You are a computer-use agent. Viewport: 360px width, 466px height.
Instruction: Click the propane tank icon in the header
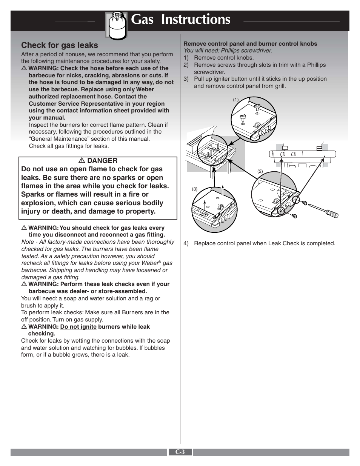pos(117,25)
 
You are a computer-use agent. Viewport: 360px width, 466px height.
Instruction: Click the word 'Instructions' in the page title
pos(195,19)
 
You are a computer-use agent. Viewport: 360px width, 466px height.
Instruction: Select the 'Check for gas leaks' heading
pos(60,45)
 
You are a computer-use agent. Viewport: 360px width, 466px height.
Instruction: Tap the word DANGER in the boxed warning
pos(102,161)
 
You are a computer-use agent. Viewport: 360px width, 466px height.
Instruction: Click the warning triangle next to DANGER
pos(82,161)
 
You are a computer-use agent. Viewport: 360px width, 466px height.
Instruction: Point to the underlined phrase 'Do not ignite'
pos(78,327)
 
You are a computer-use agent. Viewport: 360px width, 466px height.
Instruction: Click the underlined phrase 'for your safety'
pos(141,61)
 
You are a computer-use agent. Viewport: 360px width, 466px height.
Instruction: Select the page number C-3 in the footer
pos(180,452)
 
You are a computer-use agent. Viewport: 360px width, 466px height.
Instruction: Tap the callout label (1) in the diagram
pos(235,100)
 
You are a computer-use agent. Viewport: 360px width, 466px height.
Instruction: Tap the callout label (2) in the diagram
pos(260,171)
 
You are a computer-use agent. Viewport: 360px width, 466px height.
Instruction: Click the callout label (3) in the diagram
pos(195,189)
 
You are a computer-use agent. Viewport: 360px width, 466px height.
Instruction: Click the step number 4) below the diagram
pos(186,243)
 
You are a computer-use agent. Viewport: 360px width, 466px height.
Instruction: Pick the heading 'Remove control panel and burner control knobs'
pos(250,44)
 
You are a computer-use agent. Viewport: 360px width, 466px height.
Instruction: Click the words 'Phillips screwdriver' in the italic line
pos(246,51)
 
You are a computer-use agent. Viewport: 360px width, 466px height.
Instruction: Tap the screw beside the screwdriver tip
pos(305,203)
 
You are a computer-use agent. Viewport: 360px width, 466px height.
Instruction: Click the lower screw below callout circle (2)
pos(295,216)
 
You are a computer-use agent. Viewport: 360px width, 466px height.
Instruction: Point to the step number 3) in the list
pos(186,79)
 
